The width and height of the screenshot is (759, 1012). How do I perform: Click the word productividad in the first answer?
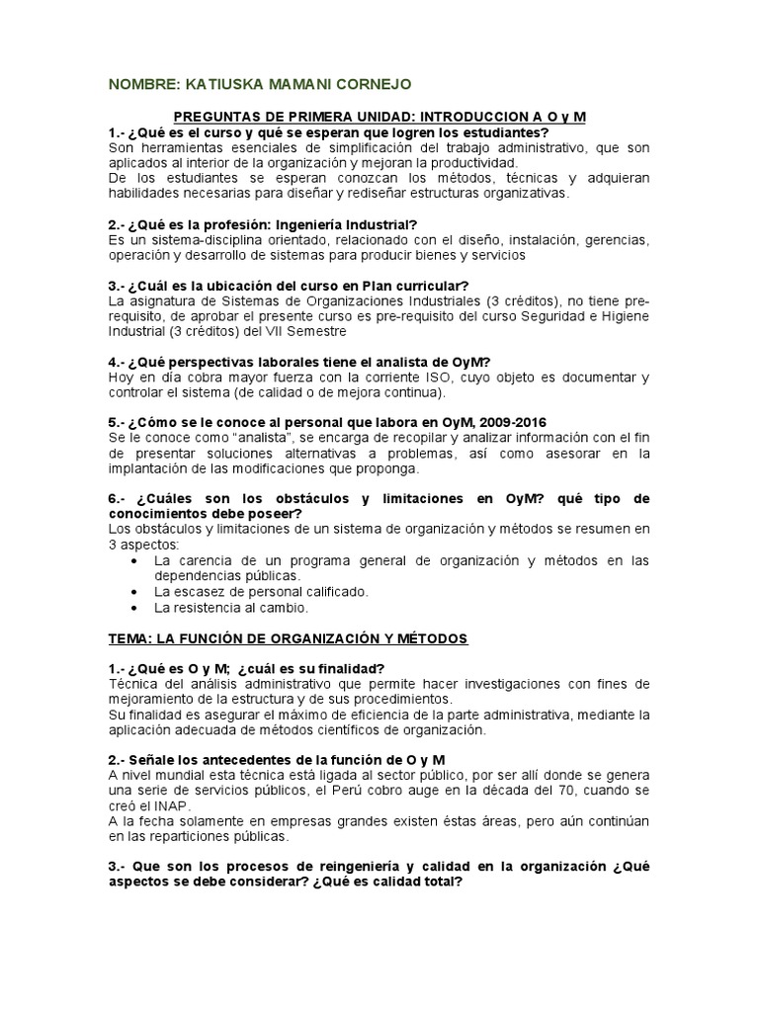pos(469,162)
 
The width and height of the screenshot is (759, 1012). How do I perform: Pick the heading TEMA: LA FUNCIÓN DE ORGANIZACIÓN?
pos(289,638)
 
